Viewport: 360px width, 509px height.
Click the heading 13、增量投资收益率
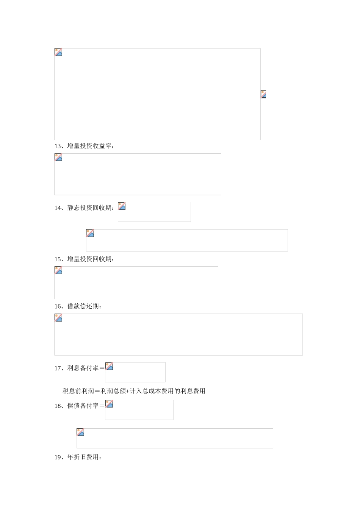pyautogui.click(x=84, y=146)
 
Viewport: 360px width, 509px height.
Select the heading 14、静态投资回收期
pyautogui.click(x=84, y=208)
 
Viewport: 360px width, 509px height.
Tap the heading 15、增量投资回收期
pyautogui.click(x=84, y=259)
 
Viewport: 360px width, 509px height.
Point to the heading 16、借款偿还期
pyautogui.click(x=78, y=306)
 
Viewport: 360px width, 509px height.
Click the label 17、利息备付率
pyautogui.click(x=79, y=368)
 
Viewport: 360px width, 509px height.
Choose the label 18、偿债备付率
pyautogui.click(x=79, y=406)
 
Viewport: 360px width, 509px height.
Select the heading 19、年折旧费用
pyautogui.click(x=78, y=457)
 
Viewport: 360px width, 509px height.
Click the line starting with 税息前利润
pyautogui.click(x=134, y=391)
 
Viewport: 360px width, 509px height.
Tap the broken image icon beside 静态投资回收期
pyautogui.click(x=122, y=206)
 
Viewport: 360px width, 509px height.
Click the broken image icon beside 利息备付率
pyautogui.click(x=109, y=366)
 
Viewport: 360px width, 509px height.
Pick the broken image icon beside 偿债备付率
pyautogui.click(x=109, y=404)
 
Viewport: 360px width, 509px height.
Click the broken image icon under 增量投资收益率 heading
pyautogui.click(x=58, y=158)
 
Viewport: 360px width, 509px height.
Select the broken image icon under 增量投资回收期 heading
pyautogui.click(x=58, y=270)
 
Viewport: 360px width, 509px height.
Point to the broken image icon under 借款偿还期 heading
pyautogui.click(x=58, y=318)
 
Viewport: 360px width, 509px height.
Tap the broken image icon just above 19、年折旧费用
pyautogui.click(x=80, y=432)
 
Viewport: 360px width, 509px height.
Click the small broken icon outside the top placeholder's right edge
pyautogui.click(x=263, y=94)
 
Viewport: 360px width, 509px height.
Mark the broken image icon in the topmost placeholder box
pyautogui.click(x=58, y=52)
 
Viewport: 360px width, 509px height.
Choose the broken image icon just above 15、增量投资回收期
pyautogui.click(x=90, y=233)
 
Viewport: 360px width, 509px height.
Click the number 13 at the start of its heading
pyautogui.click(x=58, y=146)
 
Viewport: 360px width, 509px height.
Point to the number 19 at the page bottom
pyautogui.click(x=58, y=457)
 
